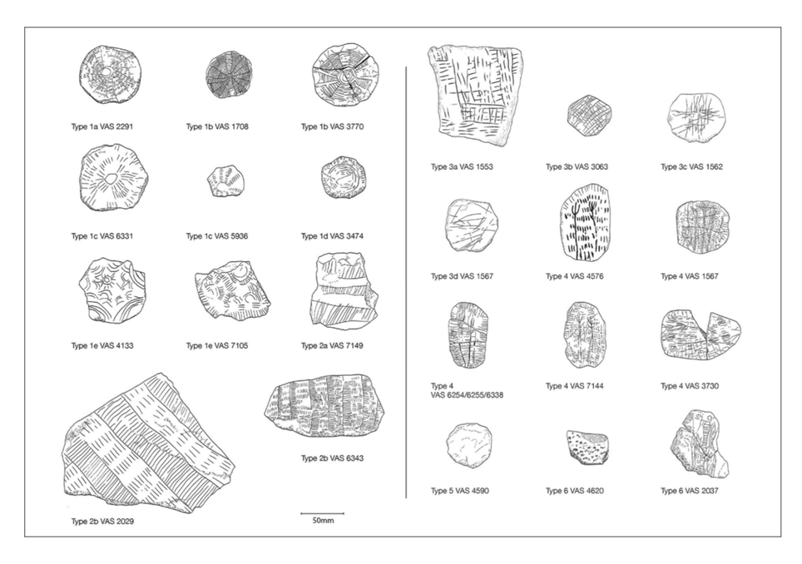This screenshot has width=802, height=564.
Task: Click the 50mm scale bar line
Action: click(322, 512)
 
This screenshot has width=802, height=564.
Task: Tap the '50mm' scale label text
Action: click(323, 521)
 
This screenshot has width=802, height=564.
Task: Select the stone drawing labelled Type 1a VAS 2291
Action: click(110, 77)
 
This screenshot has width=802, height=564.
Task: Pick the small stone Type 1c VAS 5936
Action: click(225, 181)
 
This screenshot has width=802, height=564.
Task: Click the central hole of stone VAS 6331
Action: click(111, 177)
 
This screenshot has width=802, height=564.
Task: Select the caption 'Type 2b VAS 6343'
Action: click(332, 458)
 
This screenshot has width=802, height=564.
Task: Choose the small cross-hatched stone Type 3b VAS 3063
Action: click(589, 116)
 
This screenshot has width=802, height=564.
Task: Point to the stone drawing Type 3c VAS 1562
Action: click(696, 116)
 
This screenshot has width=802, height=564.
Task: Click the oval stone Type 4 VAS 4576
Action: click(585, 223)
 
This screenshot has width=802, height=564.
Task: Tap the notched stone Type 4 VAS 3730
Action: click(701, 334)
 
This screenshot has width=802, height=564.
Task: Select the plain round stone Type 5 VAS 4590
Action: click(469, 446)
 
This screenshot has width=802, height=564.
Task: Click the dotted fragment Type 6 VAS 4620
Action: click(587, 448)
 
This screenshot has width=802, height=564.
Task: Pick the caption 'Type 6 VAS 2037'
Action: click(689, 491)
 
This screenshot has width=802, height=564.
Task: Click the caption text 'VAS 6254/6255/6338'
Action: click(467, 395)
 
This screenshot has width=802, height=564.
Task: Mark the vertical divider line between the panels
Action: click(406, 282)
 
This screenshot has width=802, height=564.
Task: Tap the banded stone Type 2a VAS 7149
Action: click(344, 289)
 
